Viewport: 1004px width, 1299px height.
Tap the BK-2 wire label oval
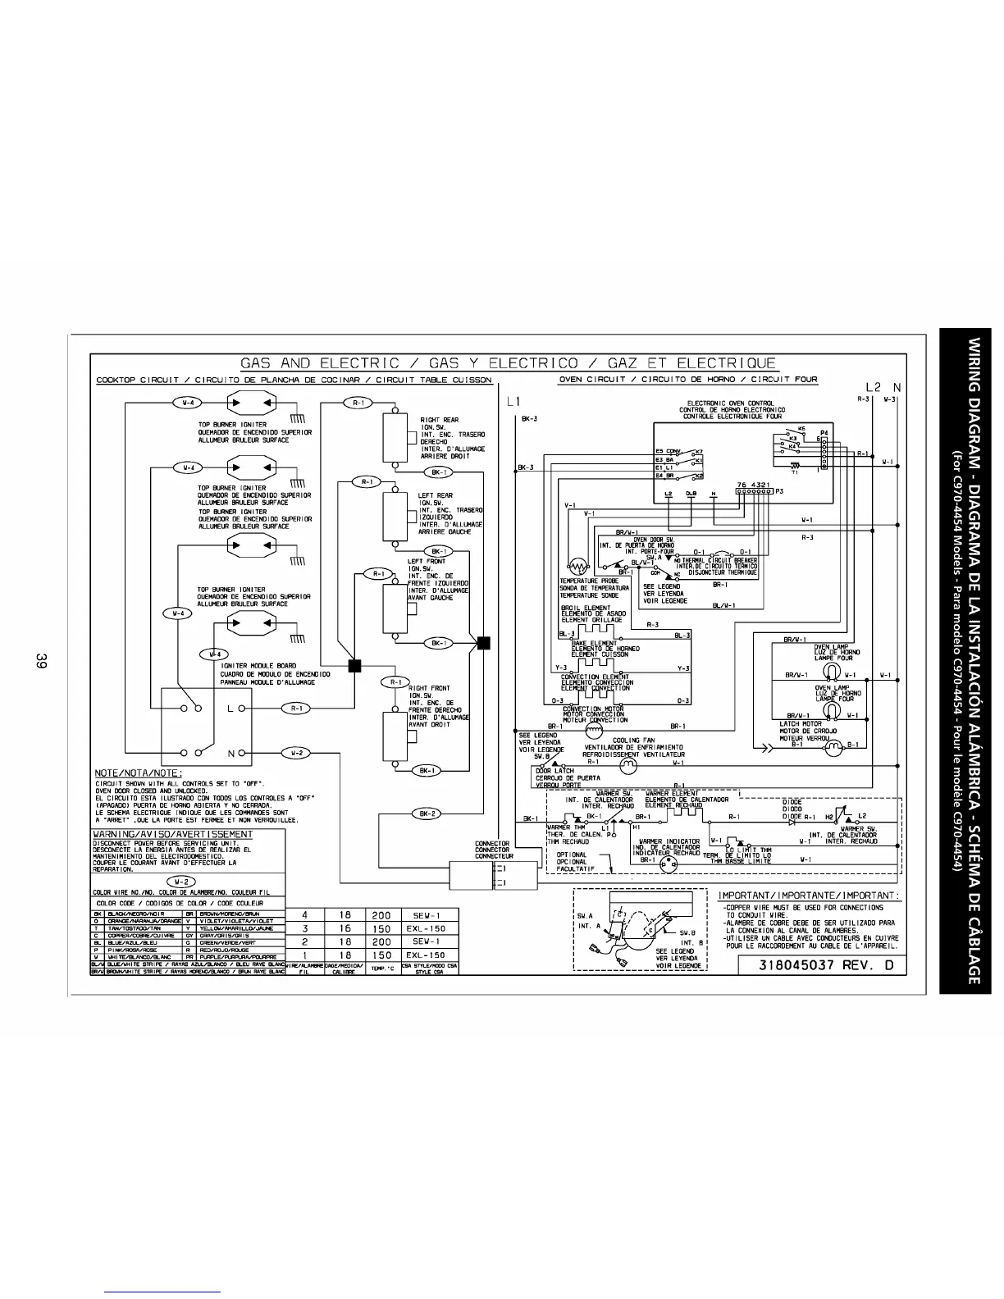(x=427, y=814)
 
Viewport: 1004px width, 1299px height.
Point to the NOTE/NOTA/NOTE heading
(x=139, y=773)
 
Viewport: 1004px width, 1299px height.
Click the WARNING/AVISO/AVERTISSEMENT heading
(x=173, y=834)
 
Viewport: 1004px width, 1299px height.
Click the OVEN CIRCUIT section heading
(x=596, y=380)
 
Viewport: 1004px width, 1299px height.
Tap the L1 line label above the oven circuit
(x=514, y=402)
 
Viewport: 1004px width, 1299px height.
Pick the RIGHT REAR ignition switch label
(x=440, y=420)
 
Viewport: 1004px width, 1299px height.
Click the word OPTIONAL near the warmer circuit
(x=572, y=855)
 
